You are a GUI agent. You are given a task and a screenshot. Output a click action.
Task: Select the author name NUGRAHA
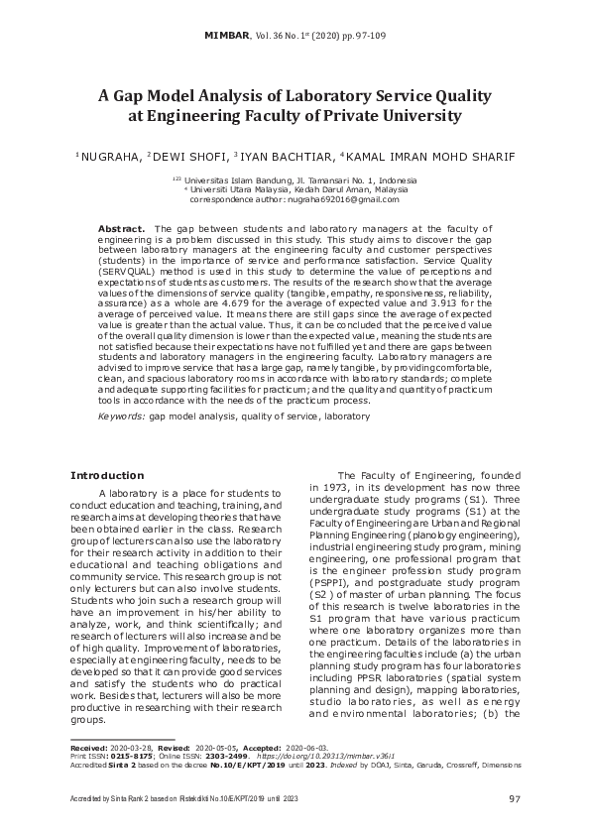tap(110, 156)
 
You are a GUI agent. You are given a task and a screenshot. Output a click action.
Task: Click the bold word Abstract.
tap(122, 228)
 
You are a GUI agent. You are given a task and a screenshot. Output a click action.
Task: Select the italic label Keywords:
tap(121, 417)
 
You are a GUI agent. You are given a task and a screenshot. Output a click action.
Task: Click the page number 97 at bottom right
tap(515, 799)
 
